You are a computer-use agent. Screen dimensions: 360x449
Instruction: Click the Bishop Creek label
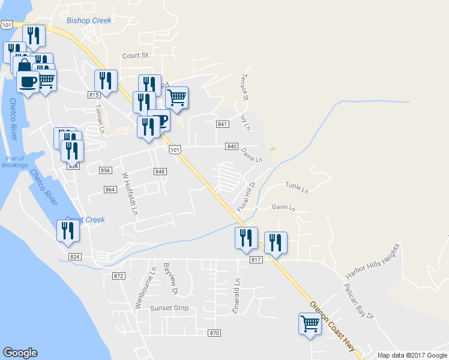pyautogui.click(x=89, y=20)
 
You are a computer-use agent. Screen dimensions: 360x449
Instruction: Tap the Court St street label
pyautogui.click(x=135, y=55)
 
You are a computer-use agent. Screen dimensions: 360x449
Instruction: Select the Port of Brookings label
pyautogui.click(x=14, y=162)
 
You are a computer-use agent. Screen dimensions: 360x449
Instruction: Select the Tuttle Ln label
pyautogui.click(x=297, y=188)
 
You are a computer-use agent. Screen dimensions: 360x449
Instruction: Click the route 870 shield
pyautogui.click(x=214, y=333)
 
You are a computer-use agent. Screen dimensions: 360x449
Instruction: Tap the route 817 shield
pyautogui.click(x=256, y=259)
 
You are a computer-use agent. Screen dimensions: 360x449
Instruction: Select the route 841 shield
pyautogui.click(x=222, y=124)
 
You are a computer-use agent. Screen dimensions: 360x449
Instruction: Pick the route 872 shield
pyautogui.click(x=118, y=275)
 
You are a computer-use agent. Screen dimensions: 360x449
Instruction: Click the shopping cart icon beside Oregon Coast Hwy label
pyautogui.click(x=310, y=324)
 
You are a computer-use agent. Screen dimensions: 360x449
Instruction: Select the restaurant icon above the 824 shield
pyautogui.click(x=68, y=231)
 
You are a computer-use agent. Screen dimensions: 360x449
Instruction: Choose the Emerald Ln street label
pyautogui.click(x=237, y=289)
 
